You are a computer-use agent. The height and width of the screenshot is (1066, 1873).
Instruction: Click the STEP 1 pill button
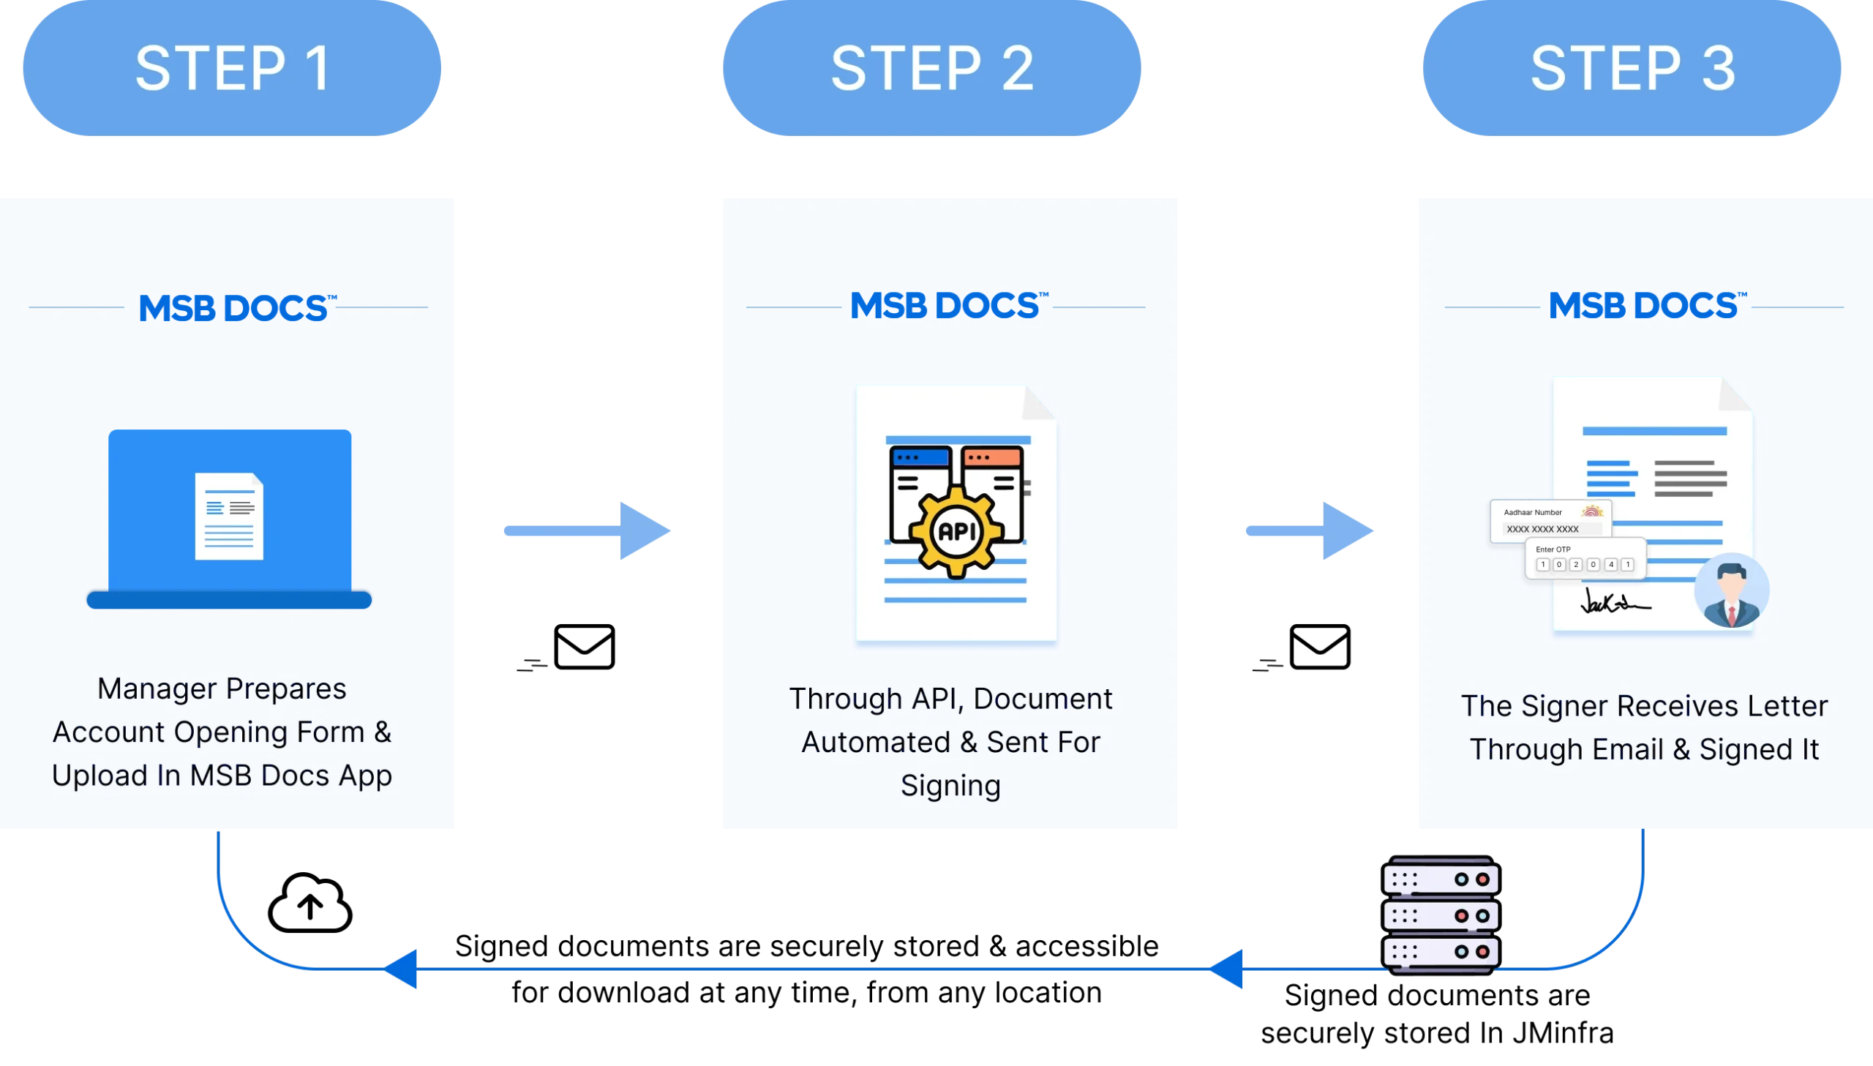[233, 68]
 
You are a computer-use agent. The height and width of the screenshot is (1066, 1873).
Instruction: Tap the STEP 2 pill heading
[931, 68]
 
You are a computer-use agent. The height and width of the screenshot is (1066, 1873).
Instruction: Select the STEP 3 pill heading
[1632, 68]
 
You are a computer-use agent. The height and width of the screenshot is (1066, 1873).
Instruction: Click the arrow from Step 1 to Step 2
[588, 530]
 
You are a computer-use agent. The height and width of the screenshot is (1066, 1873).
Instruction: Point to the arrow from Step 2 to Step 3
[1309, 530]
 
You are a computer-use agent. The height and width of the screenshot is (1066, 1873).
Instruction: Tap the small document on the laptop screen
[229, 516]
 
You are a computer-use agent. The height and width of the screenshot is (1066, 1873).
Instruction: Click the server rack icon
[1440, 915]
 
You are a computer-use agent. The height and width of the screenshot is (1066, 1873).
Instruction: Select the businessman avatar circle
[1732, 590]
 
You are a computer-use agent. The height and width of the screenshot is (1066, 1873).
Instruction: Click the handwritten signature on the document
[1614, 602]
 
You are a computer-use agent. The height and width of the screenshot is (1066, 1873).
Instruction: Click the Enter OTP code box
[1585, 559]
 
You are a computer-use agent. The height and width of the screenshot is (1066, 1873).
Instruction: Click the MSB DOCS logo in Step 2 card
[948, 306]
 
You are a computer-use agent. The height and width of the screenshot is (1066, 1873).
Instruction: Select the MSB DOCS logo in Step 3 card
[1647, 306]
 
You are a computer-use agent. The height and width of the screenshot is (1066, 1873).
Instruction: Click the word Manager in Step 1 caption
[157, 689]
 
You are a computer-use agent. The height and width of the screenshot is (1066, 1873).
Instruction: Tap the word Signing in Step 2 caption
[950, 786]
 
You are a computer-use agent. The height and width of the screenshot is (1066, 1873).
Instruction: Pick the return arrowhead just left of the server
[1228, 969]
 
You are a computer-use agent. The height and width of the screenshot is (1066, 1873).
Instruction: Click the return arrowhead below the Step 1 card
[401, 969]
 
